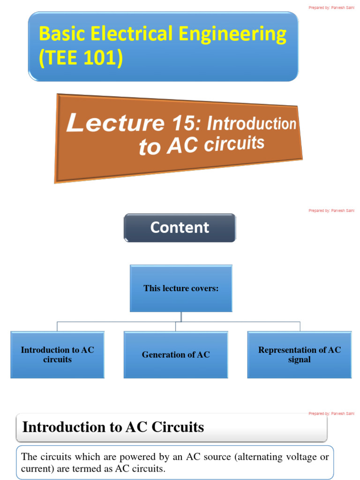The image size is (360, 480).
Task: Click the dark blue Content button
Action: coord(180,228)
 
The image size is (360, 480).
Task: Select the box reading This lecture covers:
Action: coord(181,288)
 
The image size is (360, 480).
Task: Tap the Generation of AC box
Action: coord(176,355)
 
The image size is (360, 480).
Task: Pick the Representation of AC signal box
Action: coord(300,355)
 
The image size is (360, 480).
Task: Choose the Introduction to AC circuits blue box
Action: coord(57,355)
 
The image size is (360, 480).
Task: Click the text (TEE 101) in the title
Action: coord(81,58)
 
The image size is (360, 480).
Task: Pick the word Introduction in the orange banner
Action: coord(252,124)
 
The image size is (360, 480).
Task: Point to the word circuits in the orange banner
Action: coord(234,144)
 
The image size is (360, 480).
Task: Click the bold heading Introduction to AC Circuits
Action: coord(113,427)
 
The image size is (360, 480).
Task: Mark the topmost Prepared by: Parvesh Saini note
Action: coord(331,7)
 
